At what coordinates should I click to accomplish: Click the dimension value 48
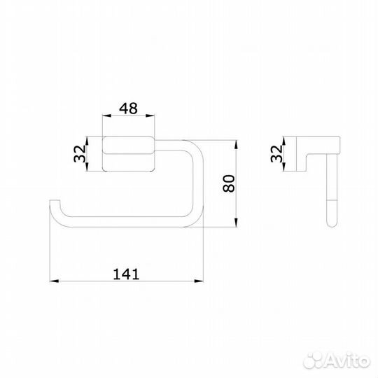coord(127,109)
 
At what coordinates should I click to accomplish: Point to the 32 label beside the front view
coord(79,153)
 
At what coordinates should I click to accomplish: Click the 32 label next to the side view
coord(276,153)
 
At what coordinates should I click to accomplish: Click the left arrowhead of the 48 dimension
coord(106,118)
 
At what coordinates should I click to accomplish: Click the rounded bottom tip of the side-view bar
coord(330,225)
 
